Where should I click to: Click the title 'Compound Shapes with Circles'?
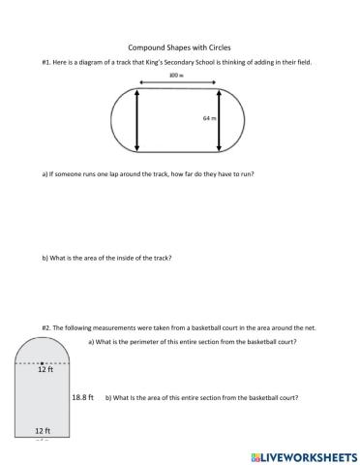click(179, 46)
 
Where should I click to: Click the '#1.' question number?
click(47, 63)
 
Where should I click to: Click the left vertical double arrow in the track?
click(136, 120)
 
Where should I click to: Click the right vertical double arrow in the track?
click(221, 120)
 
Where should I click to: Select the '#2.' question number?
click(47, 326)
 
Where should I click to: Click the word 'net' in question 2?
click(311, 326)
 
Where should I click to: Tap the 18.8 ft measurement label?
click(83, 397)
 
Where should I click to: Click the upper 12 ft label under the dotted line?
click(43, 370)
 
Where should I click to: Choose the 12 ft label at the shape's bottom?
click(43, 430)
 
